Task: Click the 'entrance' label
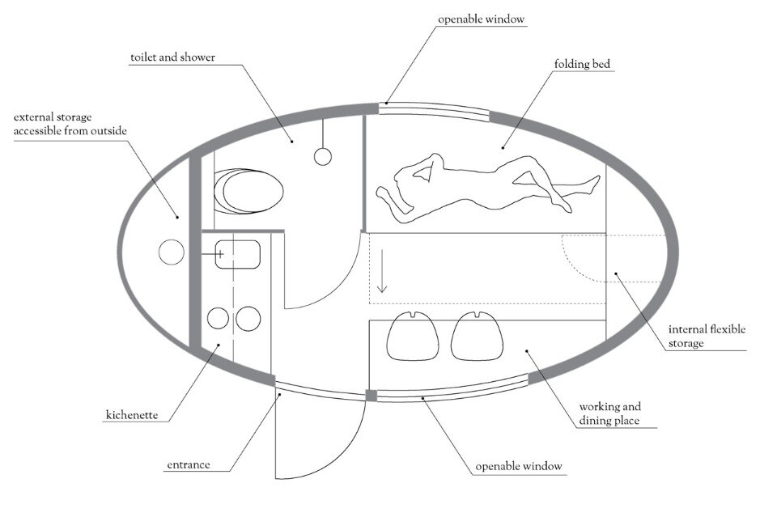click(188, 465)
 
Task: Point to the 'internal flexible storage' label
click(707, 336)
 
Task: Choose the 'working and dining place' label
click(610, 413)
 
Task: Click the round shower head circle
click(323, 156)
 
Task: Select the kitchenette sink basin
click(238, 255)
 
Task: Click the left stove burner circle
click(218, 319)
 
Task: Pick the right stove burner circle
click(248, 319)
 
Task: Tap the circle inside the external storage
click(170, 252)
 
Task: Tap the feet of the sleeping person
click(592, 184)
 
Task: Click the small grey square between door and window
click(372, 396)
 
